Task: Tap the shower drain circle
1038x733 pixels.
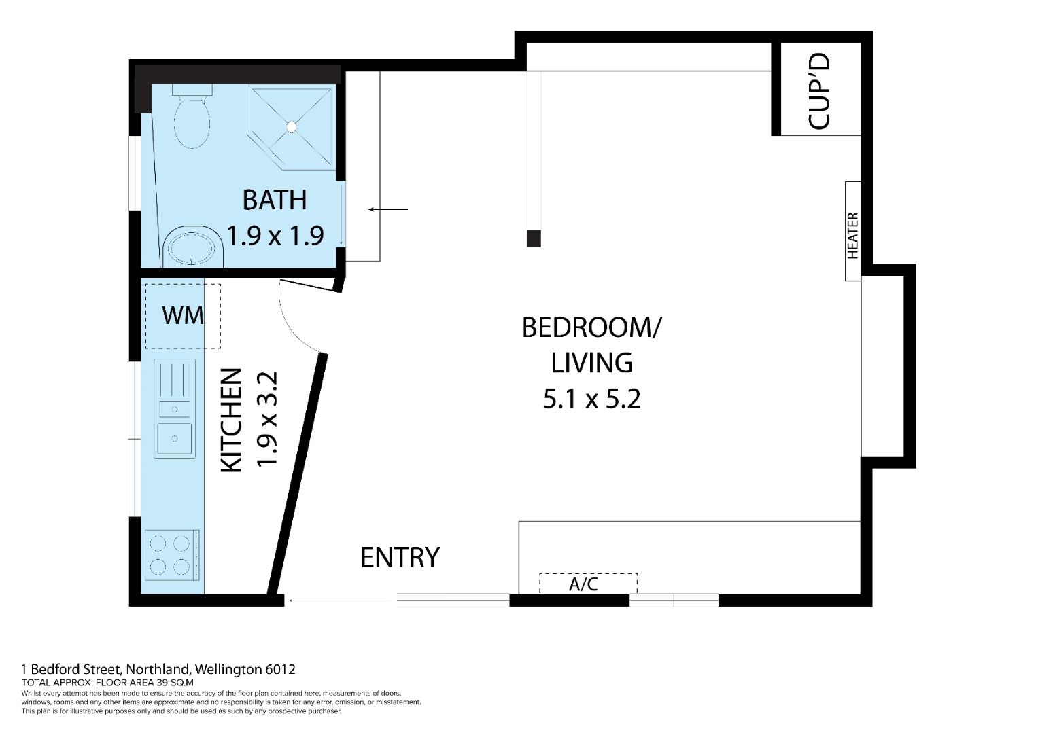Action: [292, 126]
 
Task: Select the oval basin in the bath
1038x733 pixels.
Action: [192, 248]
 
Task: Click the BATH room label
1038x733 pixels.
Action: [275, 200]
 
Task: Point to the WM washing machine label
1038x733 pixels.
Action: [183, 315]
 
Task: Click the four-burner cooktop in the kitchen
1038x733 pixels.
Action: [173, 555]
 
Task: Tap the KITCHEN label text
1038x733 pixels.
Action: [231, 421]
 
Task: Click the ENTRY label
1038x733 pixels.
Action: [400, 557]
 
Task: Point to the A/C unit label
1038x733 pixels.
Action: [583, 584]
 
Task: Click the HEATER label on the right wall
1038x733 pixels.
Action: [852, 235]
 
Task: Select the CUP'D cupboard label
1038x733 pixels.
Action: [818, 91]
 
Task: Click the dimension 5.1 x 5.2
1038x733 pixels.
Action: [592, 399]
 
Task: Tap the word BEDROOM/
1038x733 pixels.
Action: [592, 327]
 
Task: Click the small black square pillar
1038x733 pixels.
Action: [534, 238]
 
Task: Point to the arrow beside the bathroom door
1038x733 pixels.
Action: [388, 209]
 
